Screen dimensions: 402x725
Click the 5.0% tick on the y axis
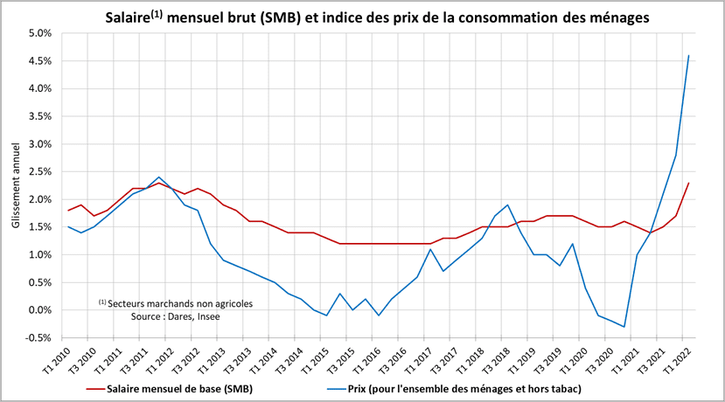[41, 33]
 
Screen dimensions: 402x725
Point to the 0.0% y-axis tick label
[41, 310]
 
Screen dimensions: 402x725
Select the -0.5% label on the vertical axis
[39, 338]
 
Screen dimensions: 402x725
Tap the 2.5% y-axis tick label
[41, 171]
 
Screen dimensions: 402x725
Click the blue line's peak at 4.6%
[689, 56]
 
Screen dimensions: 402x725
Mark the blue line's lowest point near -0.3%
[624, 327]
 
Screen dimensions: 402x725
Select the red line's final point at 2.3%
[689, 183]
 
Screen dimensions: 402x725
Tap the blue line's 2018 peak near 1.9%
[507, 204]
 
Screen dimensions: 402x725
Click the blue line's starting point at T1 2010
[68, 227]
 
